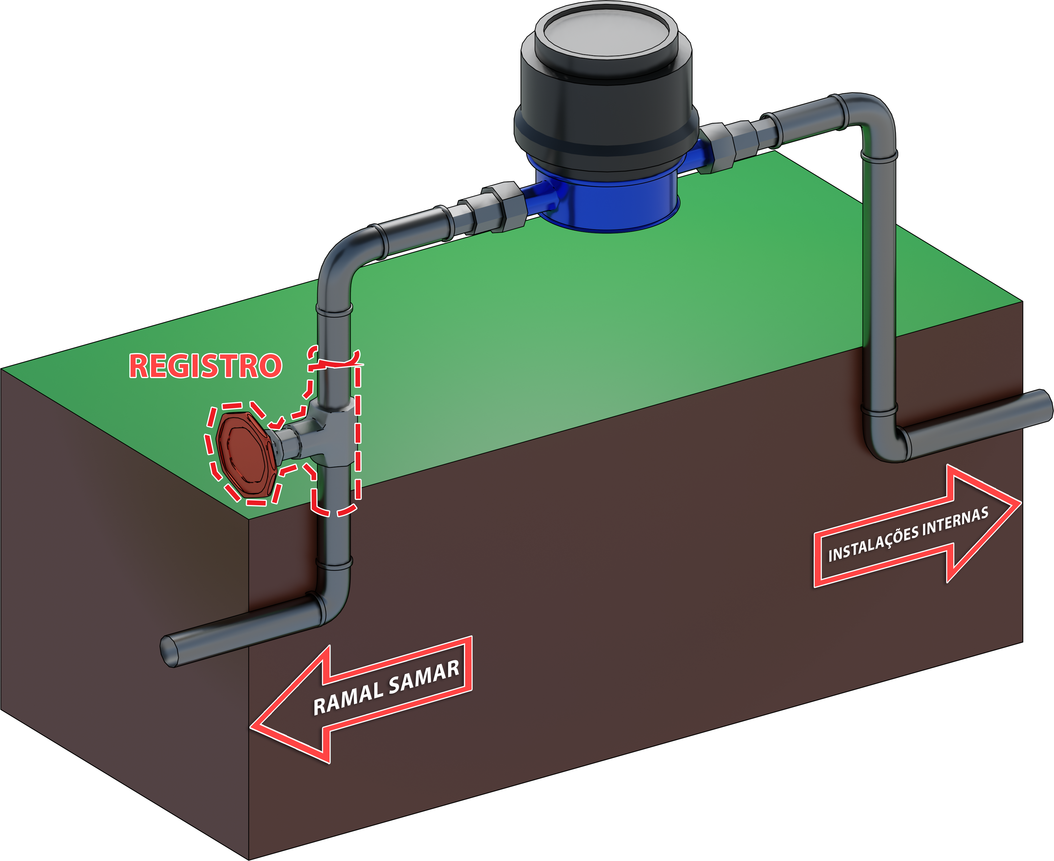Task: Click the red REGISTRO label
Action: (205, 366)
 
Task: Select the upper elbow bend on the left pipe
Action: (342, 258)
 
